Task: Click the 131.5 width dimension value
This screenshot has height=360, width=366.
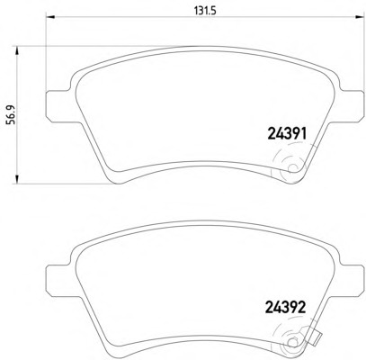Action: (205, 11)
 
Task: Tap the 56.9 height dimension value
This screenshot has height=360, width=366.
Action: (13, 114)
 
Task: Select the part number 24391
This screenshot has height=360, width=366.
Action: (287, 134)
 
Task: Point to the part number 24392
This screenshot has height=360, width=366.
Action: (286, 307)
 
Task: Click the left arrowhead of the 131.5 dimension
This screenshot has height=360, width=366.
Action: (49, 17)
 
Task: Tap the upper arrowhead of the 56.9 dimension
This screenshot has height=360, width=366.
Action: (17, 50)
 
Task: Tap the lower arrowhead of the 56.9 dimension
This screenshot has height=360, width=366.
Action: (17, 179)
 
